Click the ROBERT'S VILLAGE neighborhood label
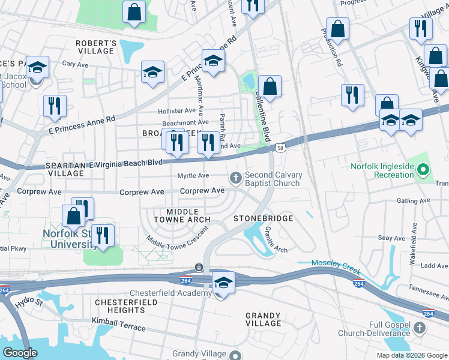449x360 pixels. click(x=95, y=47)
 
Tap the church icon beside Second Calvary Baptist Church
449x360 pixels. click(x=236, y=178)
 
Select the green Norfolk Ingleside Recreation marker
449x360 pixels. click(x=423, y=170)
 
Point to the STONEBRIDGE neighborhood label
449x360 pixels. click(x=263, y=218)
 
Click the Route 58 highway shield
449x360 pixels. click(x=280, y=148)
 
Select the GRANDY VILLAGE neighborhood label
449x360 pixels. click(x=264, y=319)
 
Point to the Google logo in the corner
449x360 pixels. click(x=20, y=353)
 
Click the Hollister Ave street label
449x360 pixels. click(x=176, y=111)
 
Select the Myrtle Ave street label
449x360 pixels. click(x=193, y=176)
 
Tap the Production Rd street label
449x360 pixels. click(x=331, y=47)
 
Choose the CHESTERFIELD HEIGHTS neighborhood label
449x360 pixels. click(x=126, y=305)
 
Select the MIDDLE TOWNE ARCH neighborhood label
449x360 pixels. click(x=180, y=216)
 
